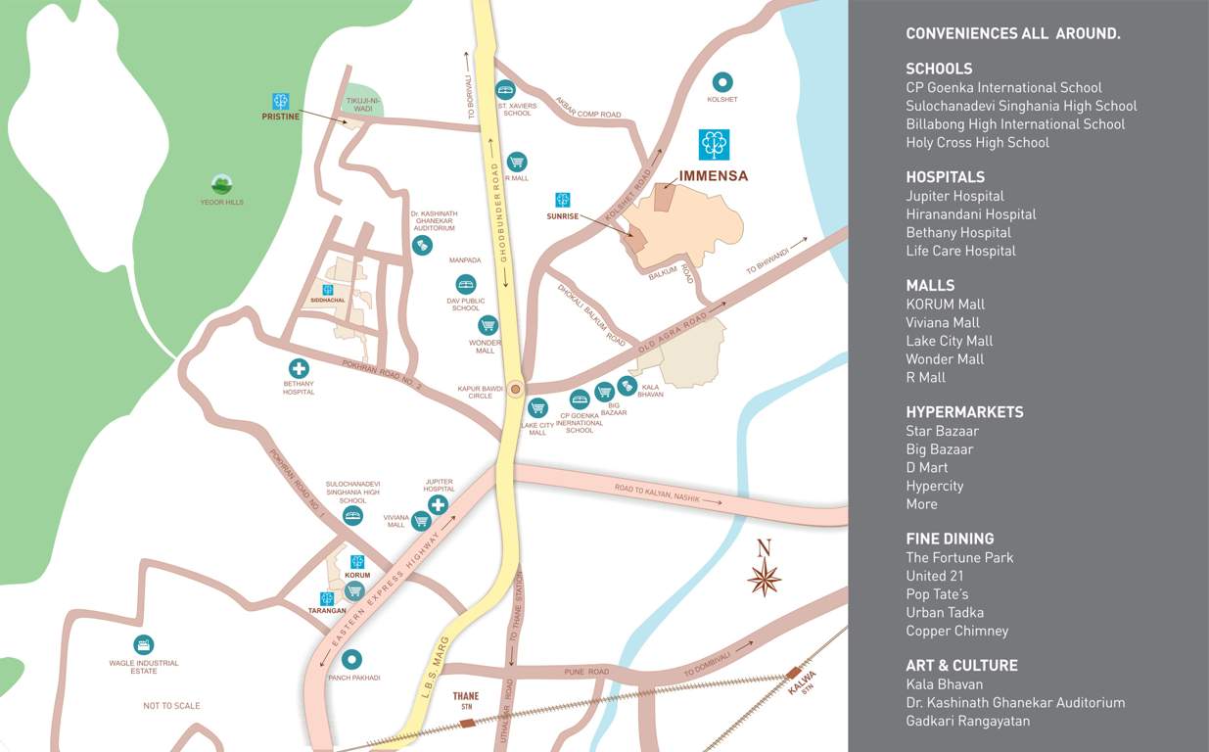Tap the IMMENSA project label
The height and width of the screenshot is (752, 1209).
713,176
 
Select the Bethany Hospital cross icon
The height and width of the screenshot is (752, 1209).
299,368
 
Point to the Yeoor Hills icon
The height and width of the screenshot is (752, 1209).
221,184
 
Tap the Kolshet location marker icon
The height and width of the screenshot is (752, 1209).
722,82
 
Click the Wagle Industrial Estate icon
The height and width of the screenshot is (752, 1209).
144,644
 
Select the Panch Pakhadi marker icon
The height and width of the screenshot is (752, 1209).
351,660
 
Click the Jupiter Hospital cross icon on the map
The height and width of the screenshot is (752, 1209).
438,505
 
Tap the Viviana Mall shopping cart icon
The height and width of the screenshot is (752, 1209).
421,521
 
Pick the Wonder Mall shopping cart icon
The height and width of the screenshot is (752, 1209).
488,325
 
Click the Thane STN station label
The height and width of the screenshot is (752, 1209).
466,700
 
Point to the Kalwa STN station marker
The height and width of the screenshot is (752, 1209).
793,673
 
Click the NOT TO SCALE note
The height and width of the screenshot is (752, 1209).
171,706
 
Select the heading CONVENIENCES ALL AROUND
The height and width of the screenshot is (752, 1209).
1012,33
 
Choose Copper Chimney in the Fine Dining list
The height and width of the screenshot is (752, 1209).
956,631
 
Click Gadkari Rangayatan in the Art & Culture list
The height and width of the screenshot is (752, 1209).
967,721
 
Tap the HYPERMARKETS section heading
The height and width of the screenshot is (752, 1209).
964,412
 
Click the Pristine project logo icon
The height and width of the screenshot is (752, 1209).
281,101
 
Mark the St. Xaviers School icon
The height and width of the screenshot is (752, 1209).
505,88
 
